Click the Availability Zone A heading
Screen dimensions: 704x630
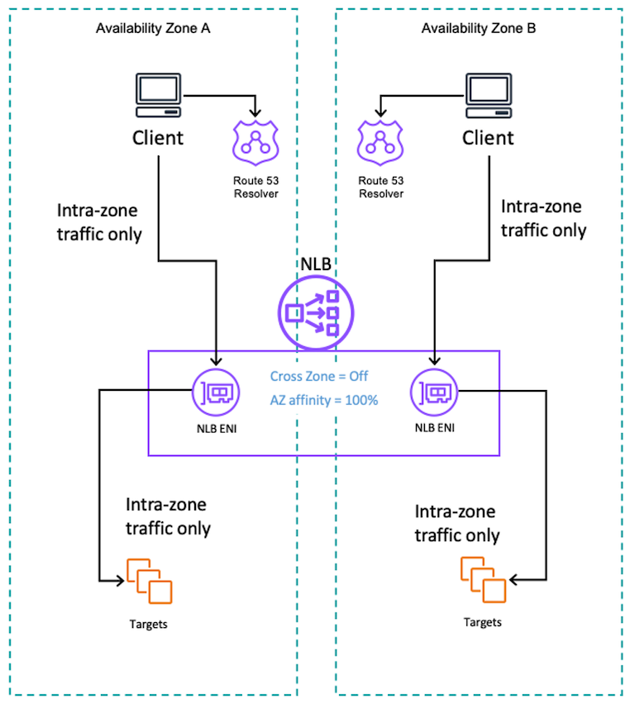(153, 28)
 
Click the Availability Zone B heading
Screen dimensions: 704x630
(479, 28)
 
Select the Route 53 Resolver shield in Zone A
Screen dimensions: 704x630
(255, 141)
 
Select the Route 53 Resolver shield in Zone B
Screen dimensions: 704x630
(380, 141)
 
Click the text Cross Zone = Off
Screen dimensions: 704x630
(319, 376)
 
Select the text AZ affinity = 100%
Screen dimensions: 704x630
(323, 400)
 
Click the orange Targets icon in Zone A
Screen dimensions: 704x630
(149, 581)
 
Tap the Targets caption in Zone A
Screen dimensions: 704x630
(149, 624)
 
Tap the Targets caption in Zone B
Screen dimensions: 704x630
(481, 621)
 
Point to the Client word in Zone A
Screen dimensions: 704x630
(158, 137)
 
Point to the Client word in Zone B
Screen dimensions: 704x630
(488, 137)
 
